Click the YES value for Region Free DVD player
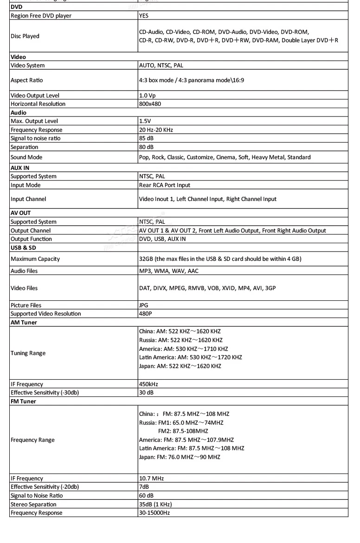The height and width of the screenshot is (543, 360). coord(144,16)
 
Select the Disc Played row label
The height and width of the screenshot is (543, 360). coord(25,36)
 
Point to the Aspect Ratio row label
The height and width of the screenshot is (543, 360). coord(27,80)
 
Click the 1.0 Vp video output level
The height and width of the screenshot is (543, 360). coord(148,96)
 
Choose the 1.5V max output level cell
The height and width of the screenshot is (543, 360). coord(145,121)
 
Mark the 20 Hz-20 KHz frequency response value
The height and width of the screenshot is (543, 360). coord(156,130)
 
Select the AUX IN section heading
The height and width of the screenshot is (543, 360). coord(21,168)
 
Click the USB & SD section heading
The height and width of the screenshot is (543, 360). coord(23,247)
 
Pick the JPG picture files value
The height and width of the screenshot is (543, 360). coord(144,305)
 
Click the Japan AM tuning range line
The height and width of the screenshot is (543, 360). coord(180,366)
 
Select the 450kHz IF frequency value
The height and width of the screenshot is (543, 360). coord(148,384)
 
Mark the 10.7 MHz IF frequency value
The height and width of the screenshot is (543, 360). coord(151,478)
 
